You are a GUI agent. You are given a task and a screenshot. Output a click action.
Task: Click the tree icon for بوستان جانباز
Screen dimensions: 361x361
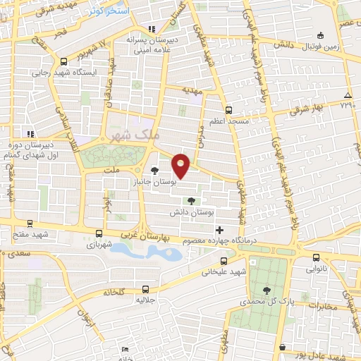[x=155, y=171]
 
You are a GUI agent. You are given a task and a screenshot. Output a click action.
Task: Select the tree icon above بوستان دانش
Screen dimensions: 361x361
[x=191, y=202]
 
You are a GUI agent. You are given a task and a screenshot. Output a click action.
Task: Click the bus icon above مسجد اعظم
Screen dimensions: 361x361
[x=228, y=110]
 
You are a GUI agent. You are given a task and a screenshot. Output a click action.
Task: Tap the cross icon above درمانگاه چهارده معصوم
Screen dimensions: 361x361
[x=219, y=230]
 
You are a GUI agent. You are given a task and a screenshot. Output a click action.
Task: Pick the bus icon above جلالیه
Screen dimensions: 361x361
[x=145, y=289]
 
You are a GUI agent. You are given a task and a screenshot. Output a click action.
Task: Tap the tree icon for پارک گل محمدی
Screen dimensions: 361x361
[x=266, y=290]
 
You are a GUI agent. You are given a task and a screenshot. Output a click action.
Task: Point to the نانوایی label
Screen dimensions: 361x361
[x=315, y=269]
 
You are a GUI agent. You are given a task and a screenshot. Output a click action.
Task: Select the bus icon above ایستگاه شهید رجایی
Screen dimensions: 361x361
[x=64, y=61]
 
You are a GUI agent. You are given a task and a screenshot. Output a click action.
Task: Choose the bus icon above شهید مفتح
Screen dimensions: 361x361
[x=28, y=223]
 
